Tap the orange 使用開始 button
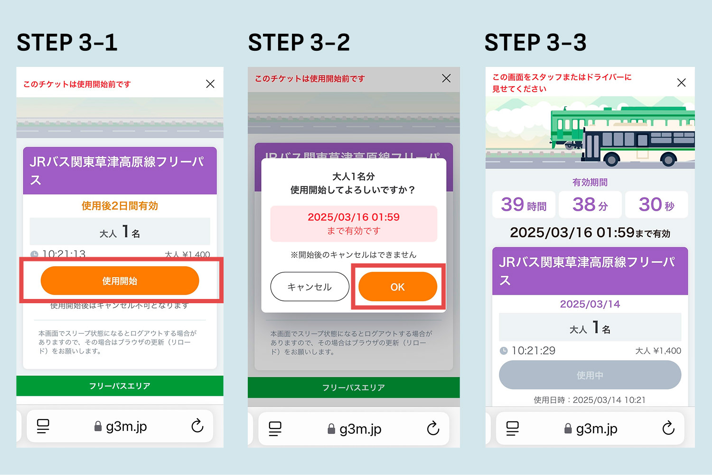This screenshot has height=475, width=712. coord(120,280)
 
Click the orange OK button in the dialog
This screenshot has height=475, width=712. coord(397,287)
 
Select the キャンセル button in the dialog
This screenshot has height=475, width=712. coord(309,287)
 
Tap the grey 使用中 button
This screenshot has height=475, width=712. coord(590,375)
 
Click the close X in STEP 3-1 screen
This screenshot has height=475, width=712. coord(210,84)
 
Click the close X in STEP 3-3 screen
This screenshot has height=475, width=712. coord(681,83)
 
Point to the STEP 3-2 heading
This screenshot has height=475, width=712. coord(299,43)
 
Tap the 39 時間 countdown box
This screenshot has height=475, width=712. coord(524,205)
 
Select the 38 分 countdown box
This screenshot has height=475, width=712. coord(590,205)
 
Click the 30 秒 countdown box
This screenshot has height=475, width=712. coord(656,205)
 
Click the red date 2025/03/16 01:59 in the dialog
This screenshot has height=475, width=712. coord(354,217)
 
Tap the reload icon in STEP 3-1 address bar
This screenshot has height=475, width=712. coord(197,426)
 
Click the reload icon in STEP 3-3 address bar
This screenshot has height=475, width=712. coord(668,428)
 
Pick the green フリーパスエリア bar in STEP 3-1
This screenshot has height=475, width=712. coord(120,386)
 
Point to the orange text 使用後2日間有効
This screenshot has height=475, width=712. coord(120,206)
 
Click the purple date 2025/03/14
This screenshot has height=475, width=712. coord(590,304)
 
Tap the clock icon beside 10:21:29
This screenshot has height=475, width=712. coord(504,351)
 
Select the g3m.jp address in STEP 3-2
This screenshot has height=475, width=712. coord(360,429)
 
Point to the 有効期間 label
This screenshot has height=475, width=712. coord(590,182)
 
